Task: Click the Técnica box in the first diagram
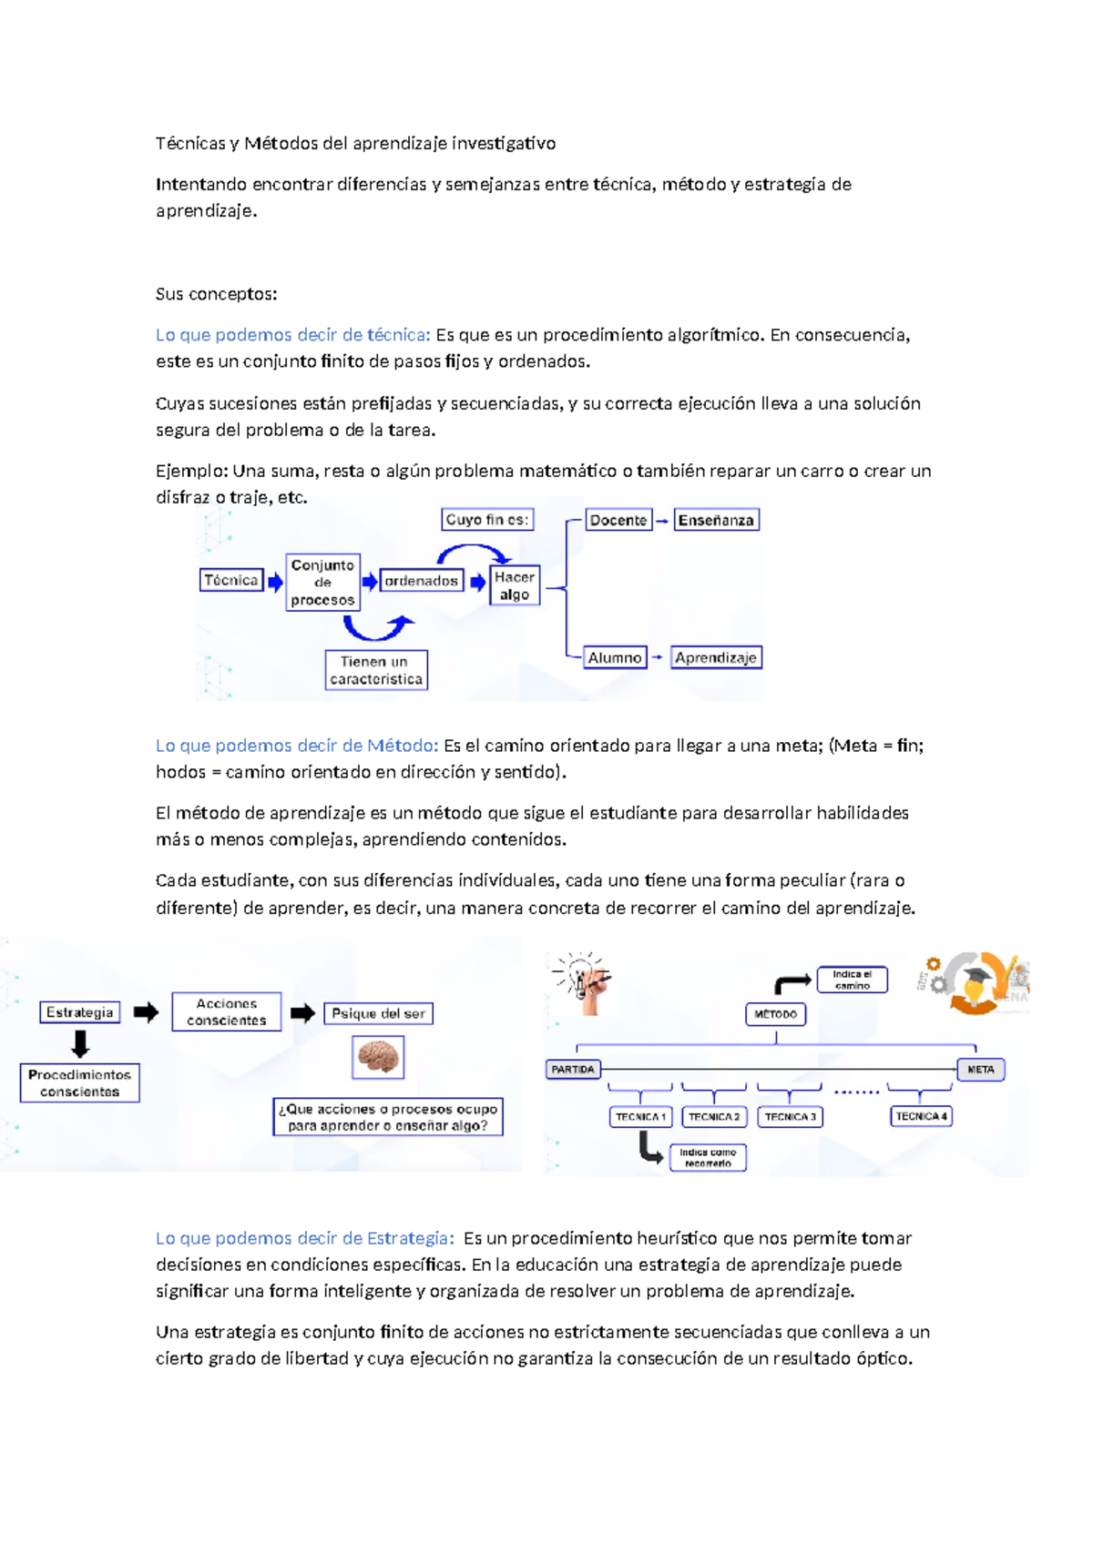(230, 581)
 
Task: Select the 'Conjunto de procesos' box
(322, 583)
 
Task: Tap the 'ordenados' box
(421, 581)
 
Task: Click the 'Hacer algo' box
(515, 585)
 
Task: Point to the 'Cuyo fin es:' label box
(487, 520)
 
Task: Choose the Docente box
(618, 520)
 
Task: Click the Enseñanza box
(716, 520)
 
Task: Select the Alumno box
(615, 657)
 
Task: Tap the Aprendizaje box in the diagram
(716, 657)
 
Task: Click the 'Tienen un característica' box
(376, 670)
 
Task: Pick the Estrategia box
(80, 1012)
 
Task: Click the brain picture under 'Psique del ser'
(378, 1057)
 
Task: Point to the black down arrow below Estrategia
(80, 1043)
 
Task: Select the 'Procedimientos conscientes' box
(80, 1082)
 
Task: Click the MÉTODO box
(775, 1014)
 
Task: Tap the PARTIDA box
(573, 1070)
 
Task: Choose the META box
(980, 1070)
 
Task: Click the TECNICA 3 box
(790, 1117)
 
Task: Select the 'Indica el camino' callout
(853, 980)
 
